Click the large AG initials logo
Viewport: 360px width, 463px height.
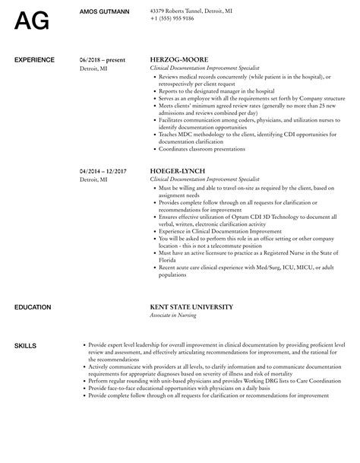click(x=33, y=20)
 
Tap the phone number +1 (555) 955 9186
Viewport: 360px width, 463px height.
click(x=172, y=17)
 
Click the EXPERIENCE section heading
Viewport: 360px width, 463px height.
click(x=34, y=59)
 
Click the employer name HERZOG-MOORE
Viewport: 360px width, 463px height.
click(x=178, y=59)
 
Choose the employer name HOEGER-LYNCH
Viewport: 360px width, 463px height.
click(x=179, y=171)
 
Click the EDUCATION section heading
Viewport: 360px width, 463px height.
click(x=33, y=307)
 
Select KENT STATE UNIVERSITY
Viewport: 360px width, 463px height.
click(x=191, y=307)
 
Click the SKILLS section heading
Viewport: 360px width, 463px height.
click(x=25, y=346)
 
